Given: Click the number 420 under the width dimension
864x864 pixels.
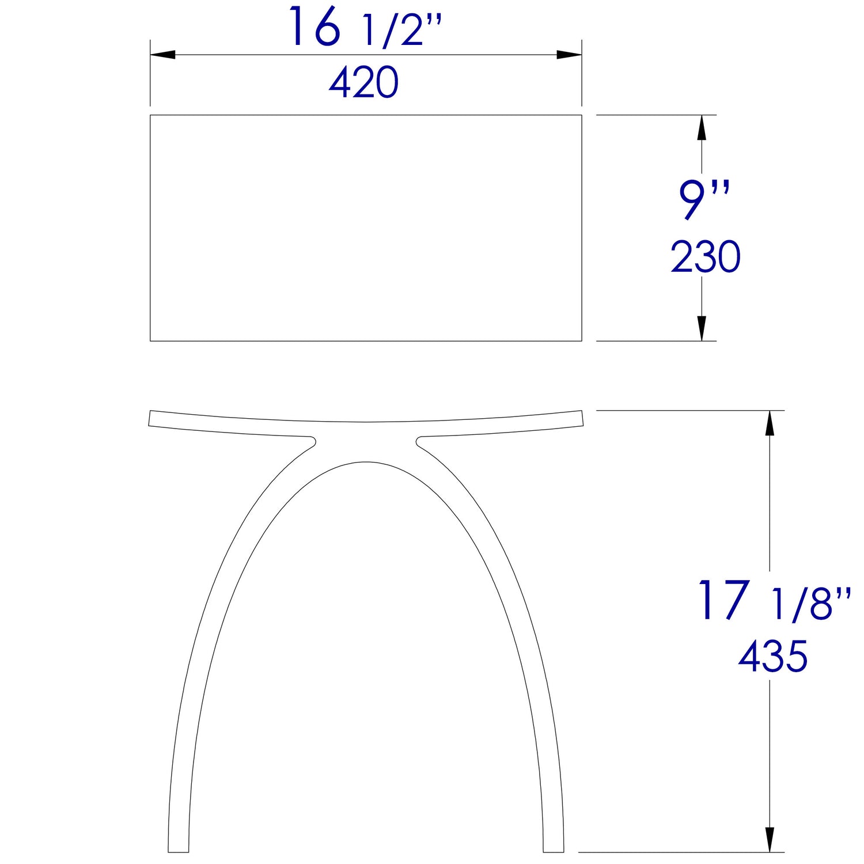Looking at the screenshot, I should tap(363, 82).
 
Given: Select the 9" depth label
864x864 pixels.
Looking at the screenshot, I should tap(704, 200).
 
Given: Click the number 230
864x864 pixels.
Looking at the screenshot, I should tap(705, 257).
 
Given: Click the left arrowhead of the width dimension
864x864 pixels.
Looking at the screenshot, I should tap(162, 55).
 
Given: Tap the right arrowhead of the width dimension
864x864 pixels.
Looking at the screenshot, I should tap(569, 55).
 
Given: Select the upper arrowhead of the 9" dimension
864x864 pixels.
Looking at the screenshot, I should tap(702, 127).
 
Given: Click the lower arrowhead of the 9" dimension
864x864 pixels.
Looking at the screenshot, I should tap(702, 328).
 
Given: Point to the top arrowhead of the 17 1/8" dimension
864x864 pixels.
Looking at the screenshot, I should tap(769, 423).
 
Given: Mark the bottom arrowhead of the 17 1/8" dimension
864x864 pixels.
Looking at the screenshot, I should tap(769, 839).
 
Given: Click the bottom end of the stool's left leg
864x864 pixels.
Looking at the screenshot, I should tap(179, 850).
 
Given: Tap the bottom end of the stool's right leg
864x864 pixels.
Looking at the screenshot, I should tap(554, 850).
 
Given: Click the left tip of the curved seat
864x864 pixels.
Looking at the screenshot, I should tap(150, 418).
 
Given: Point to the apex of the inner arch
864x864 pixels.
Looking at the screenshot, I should tap(366, 462).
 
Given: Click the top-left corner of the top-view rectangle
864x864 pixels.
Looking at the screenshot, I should tap(150, 115).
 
